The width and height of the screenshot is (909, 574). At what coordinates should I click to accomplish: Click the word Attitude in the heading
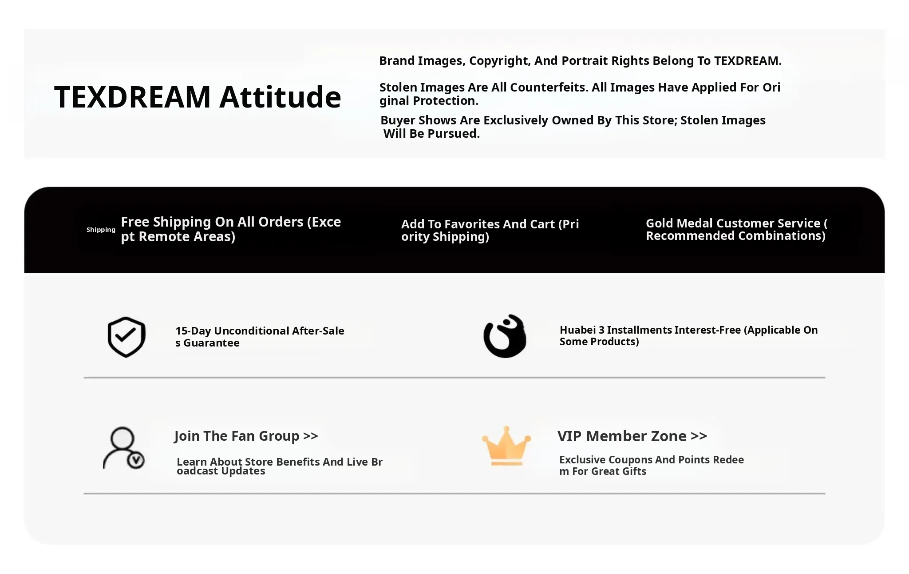click(x=280, y=97)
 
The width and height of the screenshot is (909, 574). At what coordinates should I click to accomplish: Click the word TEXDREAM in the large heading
click(x=132, y=97)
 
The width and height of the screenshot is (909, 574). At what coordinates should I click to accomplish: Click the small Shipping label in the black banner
click(x=101, y=230)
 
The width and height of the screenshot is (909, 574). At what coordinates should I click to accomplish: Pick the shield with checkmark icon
click(x=126, y=337)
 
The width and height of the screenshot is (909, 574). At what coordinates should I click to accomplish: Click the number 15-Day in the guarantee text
click(x=193, y=331)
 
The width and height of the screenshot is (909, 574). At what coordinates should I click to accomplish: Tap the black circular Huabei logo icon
click(x=505, y=336)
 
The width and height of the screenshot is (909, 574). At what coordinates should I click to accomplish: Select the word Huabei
click(x=578, y=330)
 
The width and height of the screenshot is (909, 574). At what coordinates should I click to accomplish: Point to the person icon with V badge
click(x=124, y=448)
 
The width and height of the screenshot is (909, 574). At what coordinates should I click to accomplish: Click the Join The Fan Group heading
click(x=246, y=436)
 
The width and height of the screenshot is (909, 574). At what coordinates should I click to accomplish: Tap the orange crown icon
click(x=506, y=446)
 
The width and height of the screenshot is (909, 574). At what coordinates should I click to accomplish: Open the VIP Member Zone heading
click(x=632, y=436)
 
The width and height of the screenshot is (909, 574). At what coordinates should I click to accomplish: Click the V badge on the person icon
click(x=136, y=460)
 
